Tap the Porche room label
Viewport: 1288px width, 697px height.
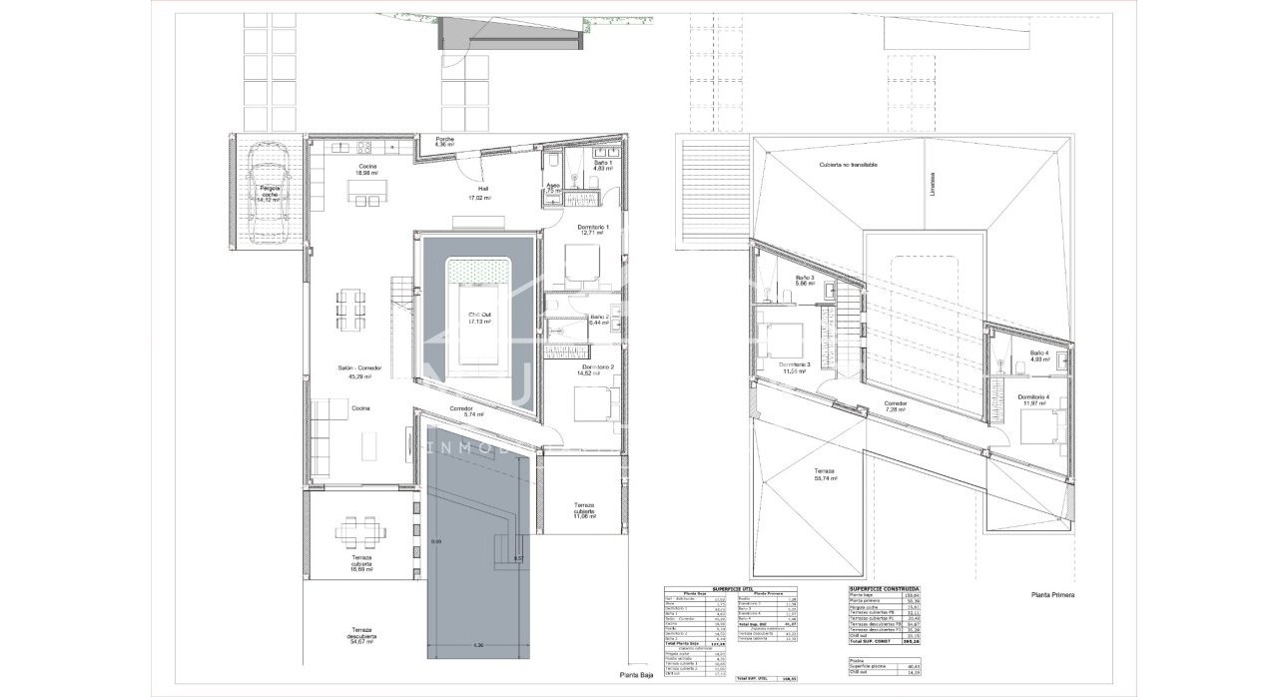[445, 142]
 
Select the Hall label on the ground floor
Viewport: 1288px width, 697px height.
[482, 193]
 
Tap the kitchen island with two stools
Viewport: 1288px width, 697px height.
[364, 200]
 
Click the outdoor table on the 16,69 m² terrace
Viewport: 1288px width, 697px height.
[356, 531]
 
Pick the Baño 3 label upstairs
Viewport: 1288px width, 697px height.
[805, 281]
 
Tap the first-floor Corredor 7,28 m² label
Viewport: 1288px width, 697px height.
[894, 406]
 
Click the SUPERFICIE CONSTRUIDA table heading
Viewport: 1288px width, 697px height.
[884, 589]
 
